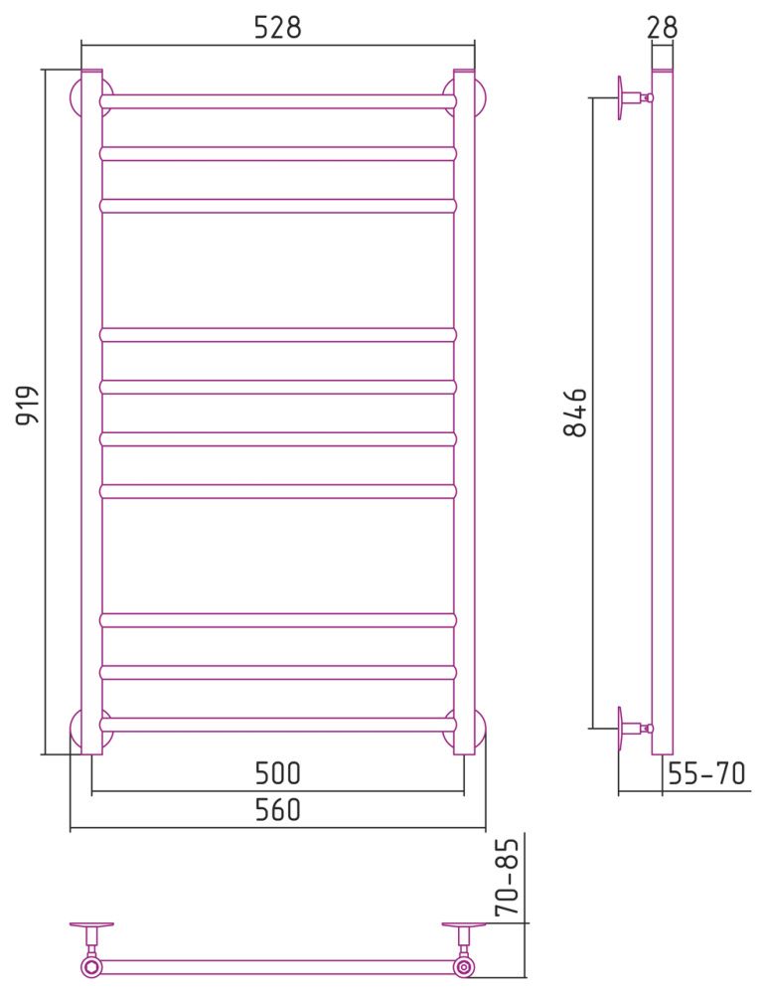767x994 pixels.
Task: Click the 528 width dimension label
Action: coord(277,27)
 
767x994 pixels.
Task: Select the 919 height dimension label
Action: coord(28,406)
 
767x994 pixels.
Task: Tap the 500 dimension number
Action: coord(277,772)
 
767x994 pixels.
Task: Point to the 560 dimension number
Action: coord(277,809)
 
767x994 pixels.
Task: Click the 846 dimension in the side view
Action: coord(575,413)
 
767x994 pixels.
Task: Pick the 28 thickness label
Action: coord(663,27)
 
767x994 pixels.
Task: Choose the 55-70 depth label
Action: coord(706,773)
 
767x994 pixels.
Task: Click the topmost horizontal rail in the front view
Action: coord(277,101)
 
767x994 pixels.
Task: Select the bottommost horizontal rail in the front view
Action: coord(277,724)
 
